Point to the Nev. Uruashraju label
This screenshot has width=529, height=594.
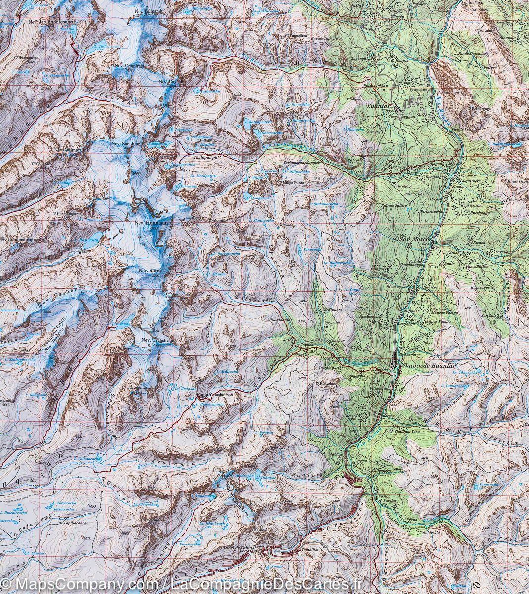click(x=155, y=341)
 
